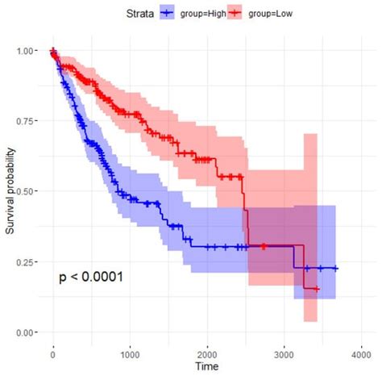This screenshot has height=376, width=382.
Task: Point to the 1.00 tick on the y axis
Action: point(26,50)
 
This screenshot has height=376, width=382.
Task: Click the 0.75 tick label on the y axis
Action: point(26,120)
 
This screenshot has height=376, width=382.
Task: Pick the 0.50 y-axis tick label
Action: point(26,191)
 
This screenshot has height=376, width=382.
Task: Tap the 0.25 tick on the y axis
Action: point(26,261)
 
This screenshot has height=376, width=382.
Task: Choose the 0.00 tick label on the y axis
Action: point(26,332)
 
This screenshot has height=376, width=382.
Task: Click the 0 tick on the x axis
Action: point(53,353)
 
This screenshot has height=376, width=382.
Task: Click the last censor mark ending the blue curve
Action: point(335,269)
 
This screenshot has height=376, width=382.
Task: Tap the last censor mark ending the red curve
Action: point(317,289)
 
